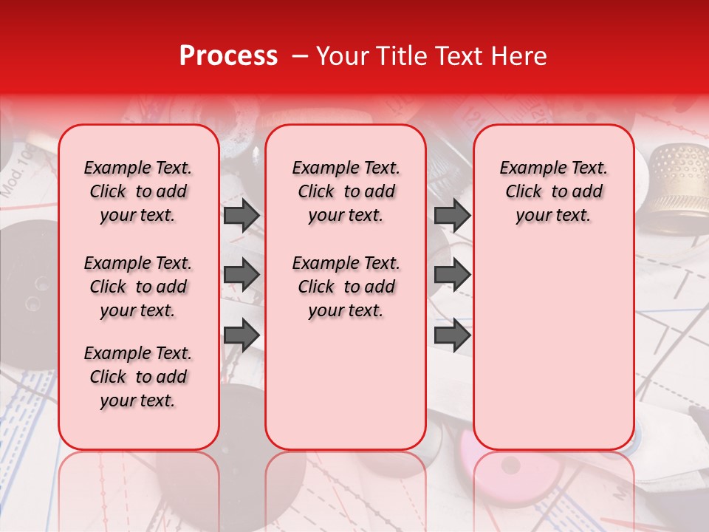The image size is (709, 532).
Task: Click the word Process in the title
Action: tap(228, 56)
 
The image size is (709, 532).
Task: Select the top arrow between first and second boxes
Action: tap(242, 215)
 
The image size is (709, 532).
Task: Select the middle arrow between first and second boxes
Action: tap(242, 275)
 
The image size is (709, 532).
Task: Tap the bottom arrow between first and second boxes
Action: tap(242, 335)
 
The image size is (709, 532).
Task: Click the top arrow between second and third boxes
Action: tap(452, 215)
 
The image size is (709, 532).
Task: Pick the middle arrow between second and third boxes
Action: tap(452, 275)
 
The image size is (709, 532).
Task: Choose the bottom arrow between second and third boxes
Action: tap(452, 335)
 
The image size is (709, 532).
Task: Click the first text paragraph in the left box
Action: tap(138, 191)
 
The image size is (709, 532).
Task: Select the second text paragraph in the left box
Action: tap(138, 287)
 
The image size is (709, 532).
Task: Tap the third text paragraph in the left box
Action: tap(138, 377)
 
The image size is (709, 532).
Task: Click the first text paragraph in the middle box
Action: tap(346, 191)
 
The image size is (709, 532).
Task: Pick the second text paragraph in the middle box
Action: tap(346, 287)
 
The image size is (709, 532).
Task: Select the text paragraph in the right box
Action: tap(553, 191)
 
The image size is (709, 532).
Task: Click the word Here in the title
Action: tap(521, 56)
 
